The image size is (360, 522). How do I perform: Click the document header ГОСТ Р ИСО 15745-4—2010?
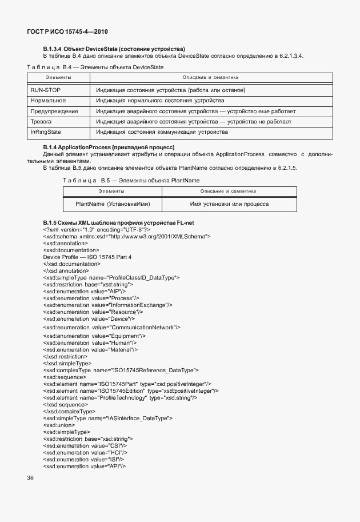(67, 32)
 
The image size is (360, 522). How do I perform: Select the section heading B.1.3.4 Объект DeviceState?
(114, 49)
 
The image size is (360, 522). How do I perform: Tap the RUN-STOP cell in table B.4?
(45, 90)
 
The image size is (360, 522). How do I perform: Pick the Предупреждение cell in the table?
(54, 111)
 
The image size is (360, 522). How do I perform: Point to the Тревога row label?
(41, 122)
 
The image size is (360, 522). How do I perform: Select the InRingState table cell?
(46, 132)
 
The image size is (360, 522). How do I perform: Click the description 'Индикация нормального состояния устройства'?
(160, 101)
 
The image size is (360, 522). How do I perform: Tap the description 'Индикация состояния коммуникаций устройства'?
(162, 132)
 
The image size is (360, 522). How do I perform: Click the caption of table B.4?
(95, 67)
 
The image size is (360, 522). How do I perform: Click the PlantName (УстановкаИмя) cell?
(112, 204)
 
